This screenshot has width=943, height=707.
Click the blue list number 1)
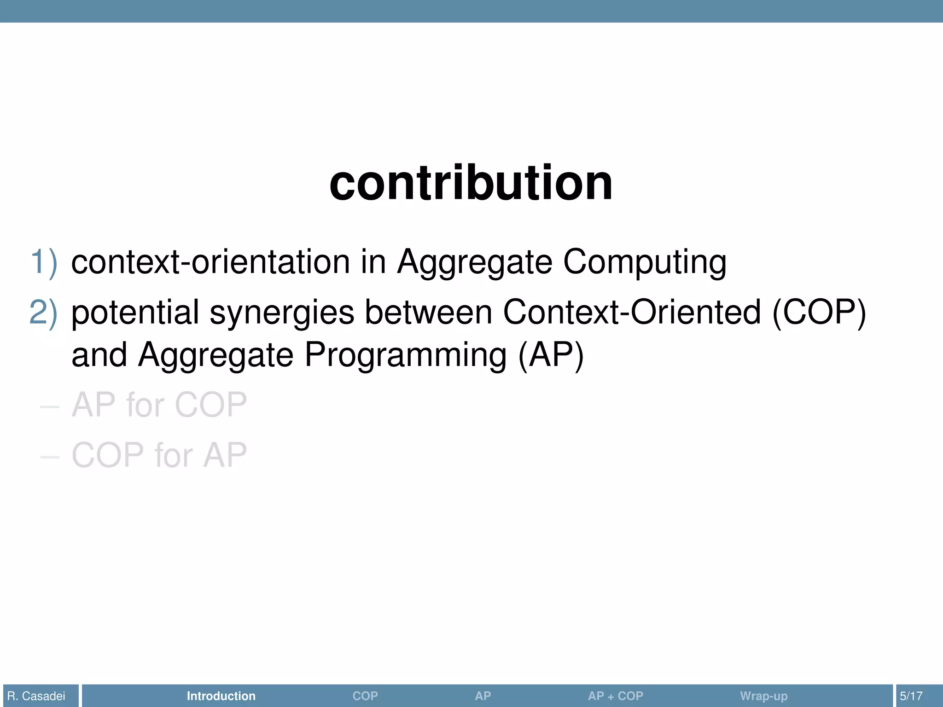[x=44, y=262]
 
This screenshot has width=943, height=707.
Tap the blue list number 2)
[x=44, y=312]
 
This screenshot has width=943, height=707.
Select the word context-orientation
[x=210, y=262]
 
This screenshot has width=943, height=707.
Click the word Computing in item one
[x=645, y=263]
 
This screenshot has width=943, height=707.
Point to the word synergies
[x=282, y=313]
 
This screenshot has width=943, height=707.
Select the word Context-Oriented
[x=632, y=312]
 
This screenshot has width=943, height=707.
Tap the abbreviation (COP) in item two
[x=819, y=313]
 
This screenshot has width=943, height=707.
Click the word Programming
[x=406, y=355]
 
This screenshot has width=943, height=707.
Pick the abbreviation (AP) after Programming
[x=551, y=355]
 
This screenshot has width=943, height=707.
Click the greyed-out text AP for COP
[x=159, y=405]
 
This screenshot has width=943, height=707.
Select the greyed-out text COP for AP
[x=159, y=455]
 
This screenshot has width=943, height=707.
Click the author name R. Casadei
[x=36, y=696]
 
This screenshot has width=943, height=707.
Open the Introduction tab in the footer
[x=221, y=696]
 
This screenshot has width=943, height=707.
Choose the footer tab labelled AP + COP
[x=615, y=696]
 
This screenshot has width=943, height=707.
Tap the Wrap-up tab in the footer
[x=763, y=696]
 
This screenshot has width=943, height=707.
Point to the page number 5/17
[x=911, y=696]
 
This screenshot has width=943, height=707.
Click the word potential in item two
[x=135, y=313]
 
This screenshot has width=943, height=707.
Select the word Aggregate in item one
[x=474, y=263]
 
